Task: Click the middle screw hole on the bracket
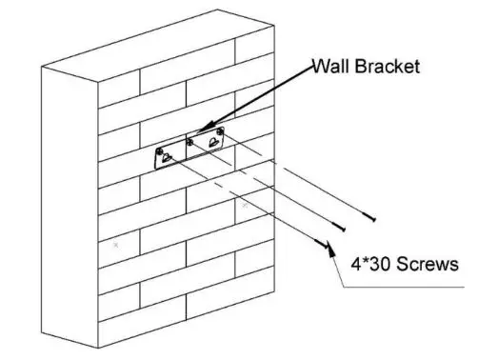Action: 189,142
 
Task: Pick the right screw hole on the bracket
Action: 222,131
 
